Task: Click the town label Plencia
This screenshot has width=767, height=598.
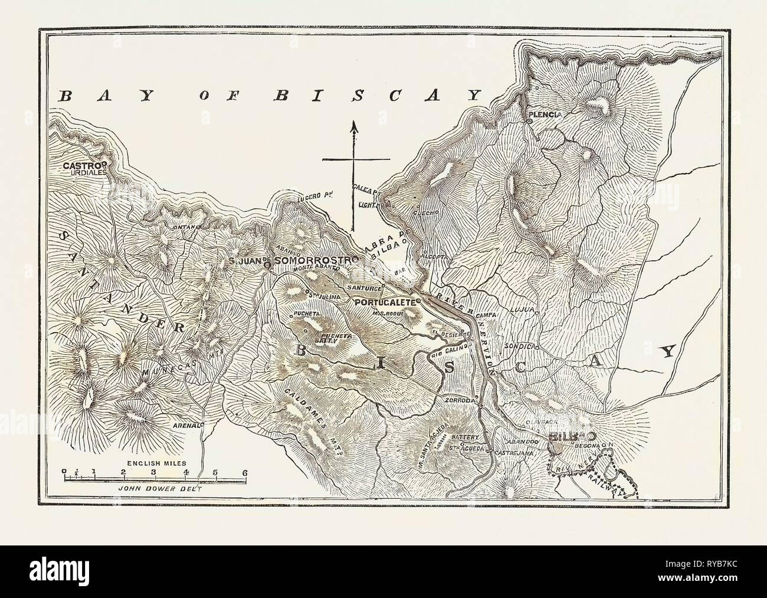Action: (545, 113)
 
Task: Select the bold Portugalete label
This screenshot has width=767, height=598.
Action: (384, 301)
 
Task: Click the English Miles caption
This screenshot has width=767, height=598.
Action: (153, 458)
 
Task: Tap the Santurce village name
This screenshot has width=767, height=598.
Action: (364, 287)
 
